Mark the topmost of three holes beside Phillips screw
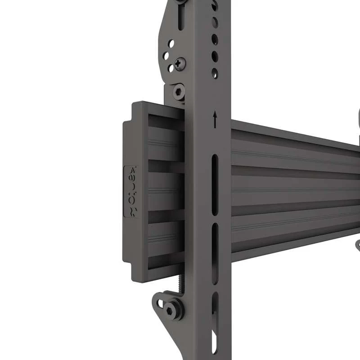[171, 44]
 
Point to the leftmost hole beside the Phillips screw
[166, 56]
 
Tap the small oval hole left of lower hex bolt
[160, 302]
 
